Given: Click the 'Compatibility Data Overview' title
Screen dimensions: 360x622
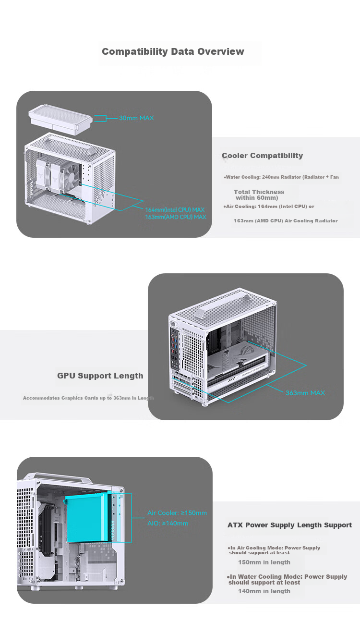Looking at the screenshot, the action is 173,52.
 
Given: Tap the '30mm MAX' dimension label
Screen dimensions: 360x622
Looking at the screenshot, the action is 136,118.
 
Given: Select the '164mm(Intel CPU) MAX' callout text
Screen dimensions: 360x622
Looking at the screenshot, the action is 175,209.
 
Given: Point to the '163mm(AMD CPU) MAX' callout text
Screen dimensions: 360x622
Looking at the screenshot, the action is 176,217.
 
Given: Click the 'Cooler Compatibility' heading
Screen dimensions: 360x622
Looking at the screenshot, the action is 262,156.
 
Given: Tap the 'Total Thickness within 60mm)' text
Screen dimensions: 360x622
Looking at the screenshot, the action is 259,195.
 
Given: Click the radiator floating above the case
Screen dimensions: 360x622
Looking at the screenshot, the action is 60,120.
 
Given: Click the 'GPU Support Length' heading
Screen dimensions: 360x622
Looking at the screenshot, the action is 100,376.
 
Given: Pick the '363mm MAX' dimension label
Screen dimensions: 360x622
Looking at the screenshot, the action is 305,393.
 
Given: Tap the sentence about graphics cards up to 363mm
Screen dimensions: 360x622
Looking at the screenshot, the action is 88,398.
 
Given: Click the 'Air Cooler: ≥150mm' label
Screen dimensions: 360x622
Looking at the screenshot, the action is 177,513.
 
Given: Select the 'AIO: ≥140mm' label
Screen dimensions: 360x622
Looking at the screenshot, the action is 168,524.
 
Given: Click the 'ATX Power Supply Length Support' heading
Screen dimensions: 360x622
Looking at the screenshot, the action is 289,525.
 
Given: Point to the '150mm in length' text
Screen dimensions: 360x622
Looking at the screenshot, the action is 264,562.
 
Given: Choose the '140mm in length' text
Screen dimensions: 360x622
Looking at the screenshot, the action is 264,591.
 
